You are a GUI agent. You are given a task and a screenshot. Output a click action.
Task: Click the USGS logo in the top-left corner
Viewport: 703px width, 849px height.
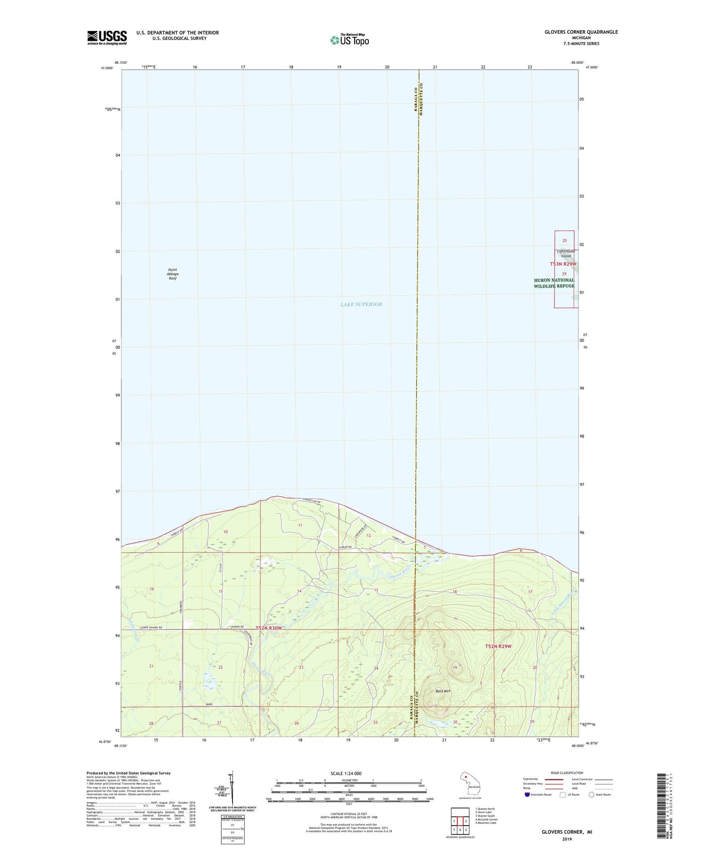coord(107,37)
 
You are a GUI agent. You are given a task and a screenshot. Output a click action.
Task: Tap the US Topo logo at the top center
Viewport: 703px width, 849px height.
coord(350,40)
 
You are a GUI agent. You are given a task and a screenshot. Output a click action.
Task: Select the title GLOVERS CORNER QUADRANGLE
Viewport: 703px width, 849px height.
coord(581,32)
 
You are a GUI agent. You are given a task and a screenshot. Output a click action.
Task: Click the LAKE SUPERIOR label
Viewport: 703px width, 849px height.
coord(361,304)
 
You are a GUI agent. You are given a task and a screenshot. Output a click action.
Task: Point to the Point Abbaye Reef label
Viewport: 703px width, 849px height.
coord(173,274)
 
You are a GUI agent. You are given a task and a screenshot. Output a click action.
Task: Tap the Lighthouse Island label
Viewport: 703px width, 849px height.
coord(566,254)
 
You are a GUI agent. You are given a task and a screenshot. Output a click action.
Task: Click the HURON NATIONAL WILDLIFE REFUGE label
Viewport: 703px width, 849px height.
coord(554,283)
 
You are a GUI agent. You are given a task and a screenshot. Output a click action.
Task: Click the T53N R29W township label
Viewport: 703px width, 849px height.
coord(563,264)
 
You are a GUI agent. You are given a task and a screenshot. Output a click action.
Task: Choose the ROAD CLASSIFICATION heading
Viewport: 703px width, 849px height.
coord(567,773)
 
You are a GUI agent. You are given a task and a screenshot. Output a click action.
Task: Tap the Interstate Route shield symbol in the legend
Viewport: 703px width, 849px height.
coord(527,795)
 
